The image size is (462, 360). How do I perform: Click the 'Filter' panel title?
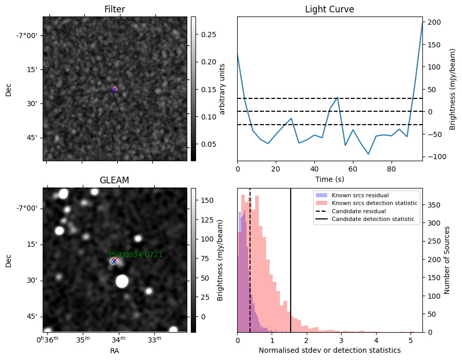point(115,9)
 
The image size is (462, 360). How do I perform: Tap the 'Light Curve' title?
point(329,9)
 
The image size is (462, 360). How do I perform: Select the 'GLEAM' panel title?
point(115,180)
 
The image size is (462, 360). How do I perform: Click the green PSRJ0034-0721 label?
point(136,254)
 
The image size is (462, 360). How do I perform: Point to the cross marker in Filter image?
point(114,89)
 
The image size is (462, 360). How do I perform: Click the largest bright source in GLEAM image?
point(122,281)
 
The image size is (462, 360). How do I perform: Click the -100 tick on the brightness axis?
point(433,157)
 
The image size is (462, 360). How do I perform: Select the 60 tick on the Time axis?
point(353,169)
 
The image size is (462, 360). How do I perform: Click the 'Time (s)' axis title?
point(330,179)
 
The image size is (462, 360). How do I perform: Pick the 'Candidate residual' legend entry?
point(359,211)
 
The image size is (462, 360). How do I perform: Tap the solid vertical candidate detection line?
point(291,261)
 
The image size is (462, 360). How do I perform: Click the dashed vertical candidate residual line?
point(250,261)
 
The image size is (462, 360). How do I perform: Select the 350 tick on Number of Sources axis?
point(434,205)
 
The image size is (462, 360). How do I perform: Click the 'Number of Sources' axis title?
point(447,261)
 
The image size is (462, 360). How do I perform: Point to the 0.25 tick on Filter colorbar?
point(208,35)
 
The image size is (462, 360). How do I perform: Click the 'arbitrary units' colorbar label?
point(222,89)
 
